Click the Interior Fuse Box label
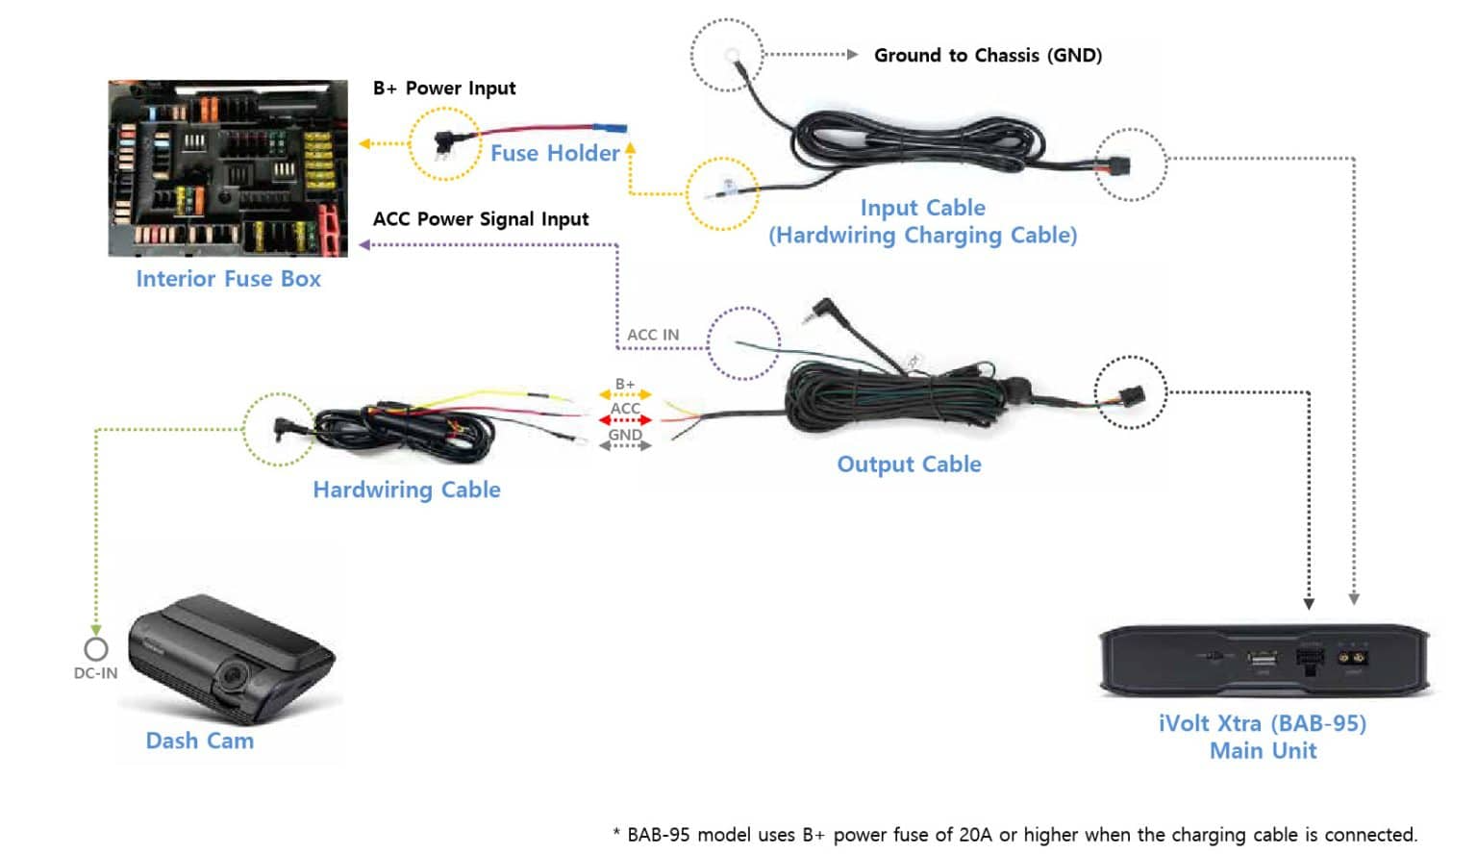228,279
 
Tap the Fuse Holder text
555,153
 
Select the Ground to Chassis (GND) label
988,56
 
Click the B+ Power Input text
444,88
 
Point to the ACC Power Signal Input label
481,219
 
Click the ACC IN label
653,335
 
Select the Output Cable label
909,465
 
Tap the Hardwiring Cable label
407,490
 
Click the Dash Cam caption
200,741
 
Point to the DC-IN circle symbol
96,649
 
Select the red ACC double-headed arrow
625,420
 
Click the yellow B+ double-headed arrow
625,394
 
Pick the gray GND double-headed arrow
625,445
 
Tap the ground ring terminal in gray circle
732,56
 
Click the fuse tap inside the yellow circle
445,142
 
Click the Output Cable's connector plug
1132,394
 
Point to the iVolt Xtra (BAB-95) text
1262,723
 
